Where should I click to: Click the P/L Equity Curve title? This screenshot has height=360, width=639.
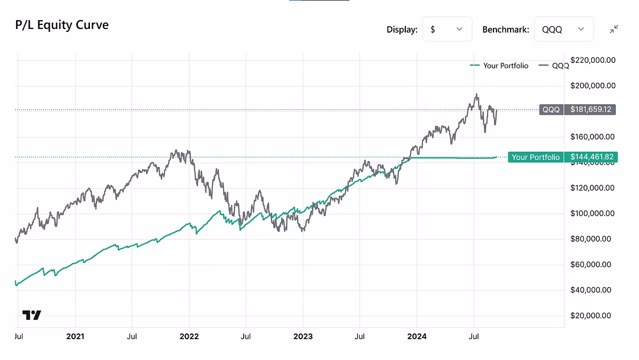tap(62, 25)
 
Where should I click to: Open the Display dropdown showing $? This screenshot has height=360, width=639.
tap(447, 29)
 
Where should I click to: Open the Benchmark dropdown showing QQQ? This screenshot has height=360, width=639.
tap(563, 29)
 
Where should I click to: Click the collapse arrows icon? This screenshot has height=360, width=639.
tap(614, 29)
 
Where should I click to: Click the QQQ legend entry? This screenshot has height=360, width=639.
tap(554, 66)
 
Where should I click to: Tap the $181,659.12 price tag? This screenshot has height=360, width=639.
tap(590, 110)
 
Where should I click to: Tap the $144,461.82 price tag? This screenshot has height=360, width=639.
tap(590, 157)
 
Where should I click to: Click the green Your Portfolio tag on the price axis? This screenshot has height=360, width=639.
tap(535, 157)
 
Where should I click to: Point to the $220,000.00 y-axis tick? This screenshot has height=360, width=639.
tap(593, 60)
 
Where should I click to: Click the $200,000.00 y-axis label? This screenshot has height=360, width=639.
tap(593, 85)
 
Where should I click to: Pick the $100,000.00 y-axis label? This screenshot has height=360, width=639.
tap(593, 213)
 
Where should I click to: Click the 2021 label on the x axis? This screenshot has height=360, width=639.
tap(75, 336)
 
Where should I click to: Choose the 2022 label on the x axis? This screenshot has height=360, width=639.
tap(189, 336)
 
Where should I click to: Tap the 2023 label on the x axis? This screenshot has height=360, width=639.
tap(303, 336)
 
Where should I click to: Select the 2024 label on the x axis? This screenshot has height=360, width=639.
tap(417, 336)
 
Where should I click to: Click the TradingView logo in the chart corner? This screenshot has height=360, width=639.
tap(32, 315)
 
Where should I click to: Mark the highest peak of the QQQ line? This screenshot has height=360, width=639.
tap(476, 94)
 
